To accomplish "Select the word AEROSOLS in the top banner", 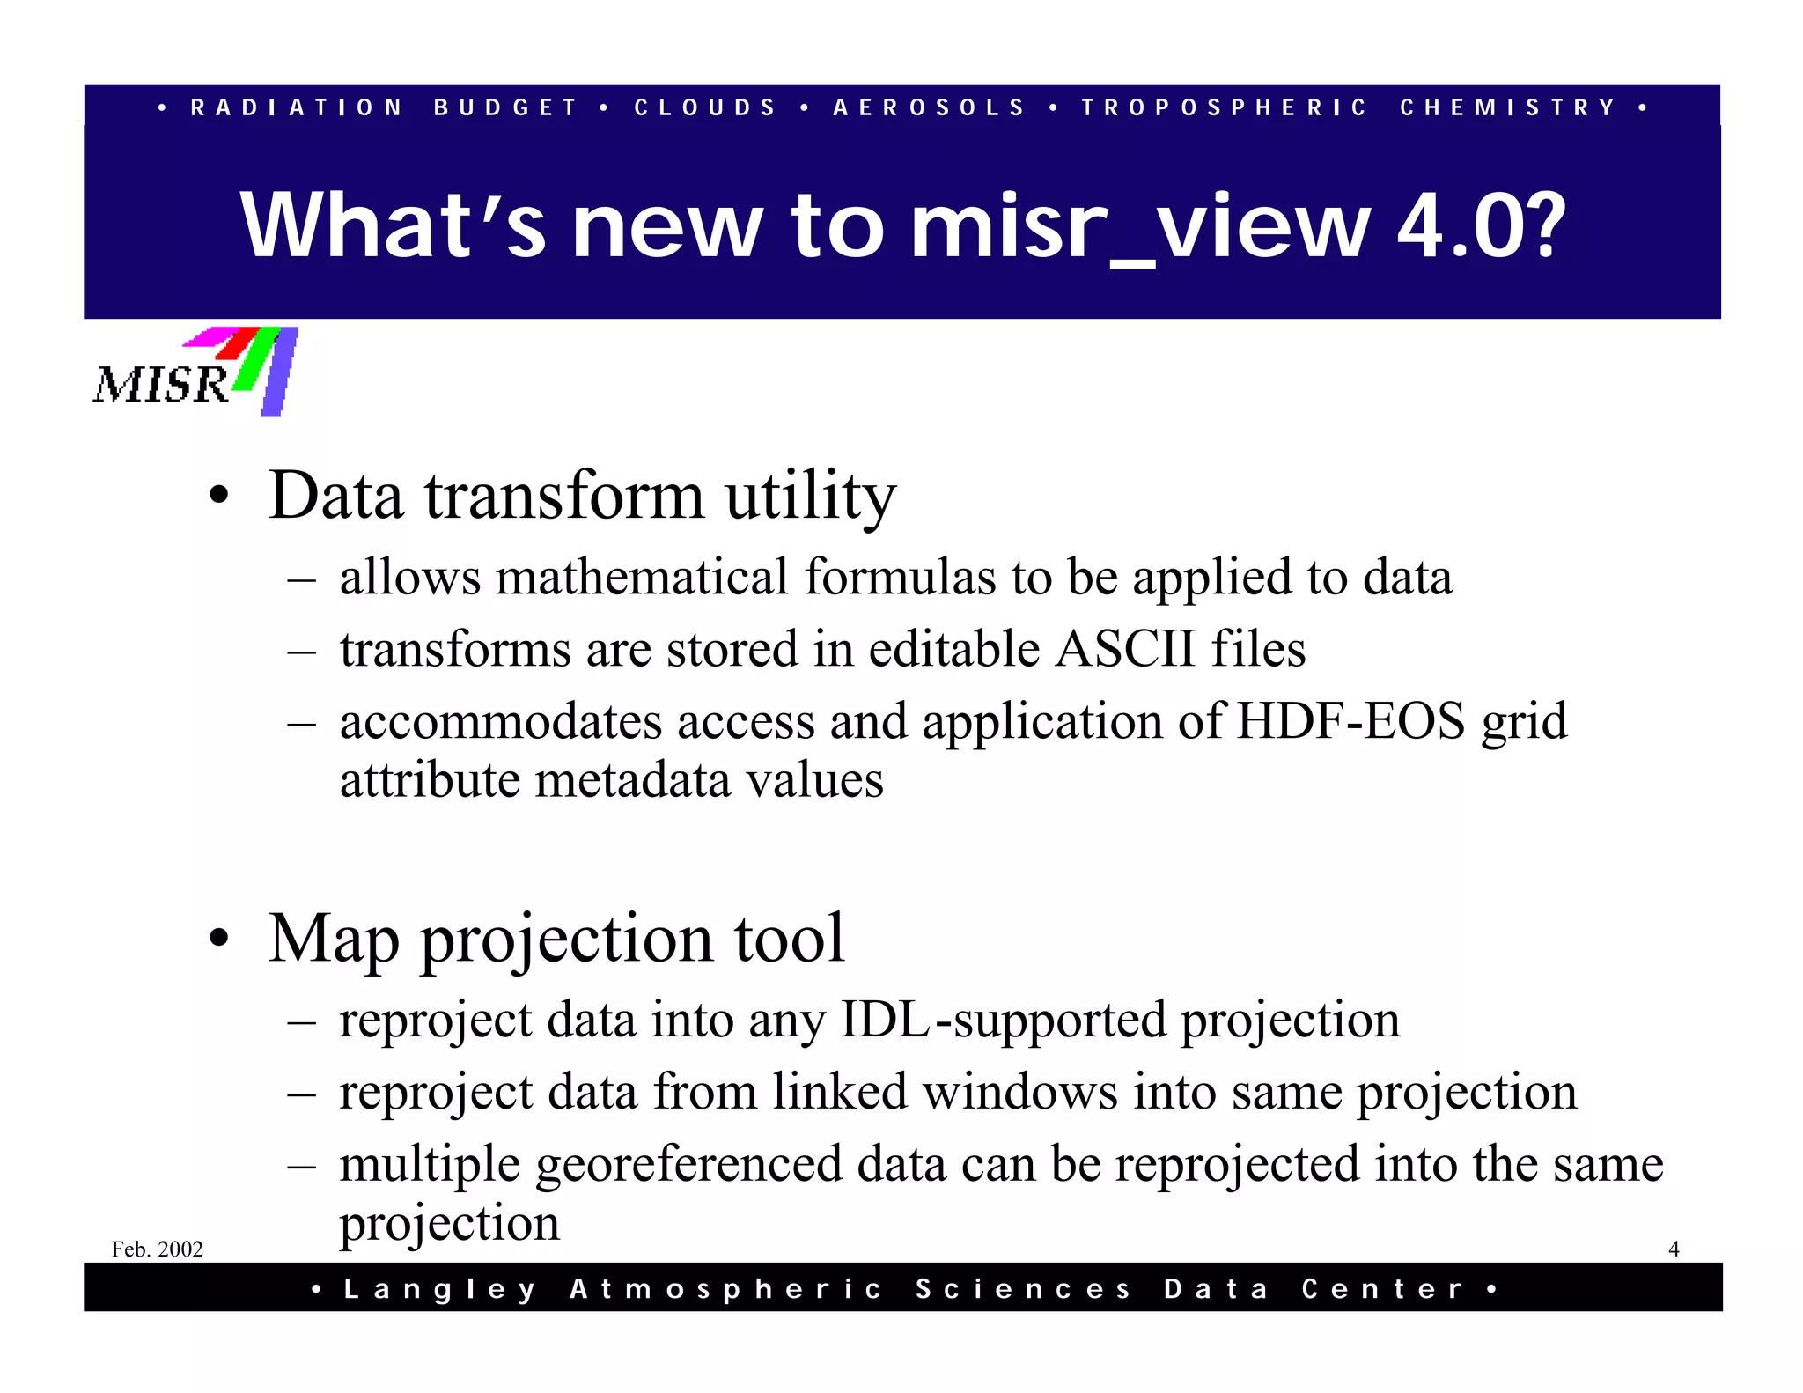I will (930, 107).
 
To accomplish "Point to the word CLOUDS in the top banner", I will (705, 107).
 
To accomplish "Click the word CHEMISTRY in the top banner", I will (1509, 107).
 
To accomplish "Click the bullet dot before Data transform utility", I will (219, 496).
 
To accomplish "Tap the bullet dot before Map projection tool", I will (219, 939).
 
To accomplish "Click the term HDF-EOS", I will (1351, 721).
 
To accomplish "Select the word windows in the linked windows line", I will (1020, 1092).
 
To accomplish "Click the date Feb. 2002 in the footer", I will (158, 1249).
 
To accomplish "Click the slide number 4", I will (1674, 1249).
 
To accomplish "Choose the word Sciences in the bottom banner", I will (1023, 1289).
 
